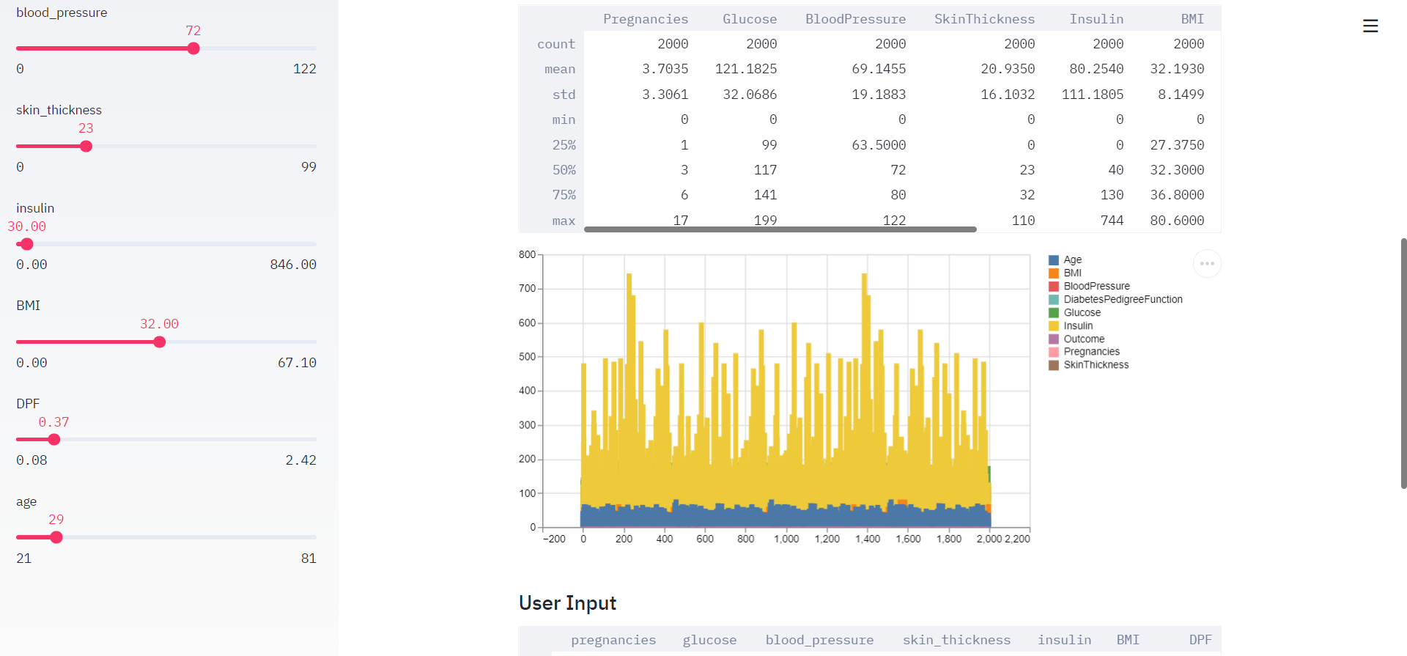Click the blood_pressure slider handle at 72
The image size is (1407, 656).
coord(193,48)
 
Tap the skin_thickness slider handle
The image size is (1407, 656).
coord(86,147)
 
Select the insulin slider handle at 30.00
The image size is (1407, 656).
coord(27,244)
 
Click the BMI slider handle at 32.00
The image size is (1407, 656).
coord(160,342)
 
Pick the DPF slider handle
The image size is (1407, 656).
coord(54,440)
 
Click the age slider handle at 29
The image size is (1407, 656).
coord(56,537)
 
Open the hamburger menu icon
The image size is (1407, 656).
coord(1370,26)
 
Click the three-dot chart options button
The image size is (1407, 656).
coord(1207,264)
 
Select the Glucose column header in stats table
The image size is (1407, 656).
coord(749,19)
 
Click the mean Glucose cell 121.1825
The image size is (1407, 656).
coord(746,69)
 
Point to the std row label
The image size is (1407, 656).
coord(564,95)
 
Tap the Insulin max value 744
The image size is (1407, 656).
coord(1112,220)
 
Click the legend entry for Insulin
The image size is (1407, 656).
coord(1077,325)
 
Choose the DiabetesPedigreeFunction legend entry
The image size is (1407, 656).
coord(1122,299)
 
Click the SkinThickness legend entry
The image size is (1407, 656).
coord(1096,365)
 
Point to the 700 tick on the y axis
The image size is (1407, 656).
coord(527,289)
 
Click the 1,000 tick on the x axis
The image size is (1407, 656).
coord(786,539)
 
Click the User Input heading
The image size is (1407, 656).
coord(567,603)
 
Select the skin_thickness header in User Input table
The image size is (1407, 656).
coord(956,640)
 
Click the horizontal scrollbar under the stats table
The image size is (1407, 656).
coord(780,229)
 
